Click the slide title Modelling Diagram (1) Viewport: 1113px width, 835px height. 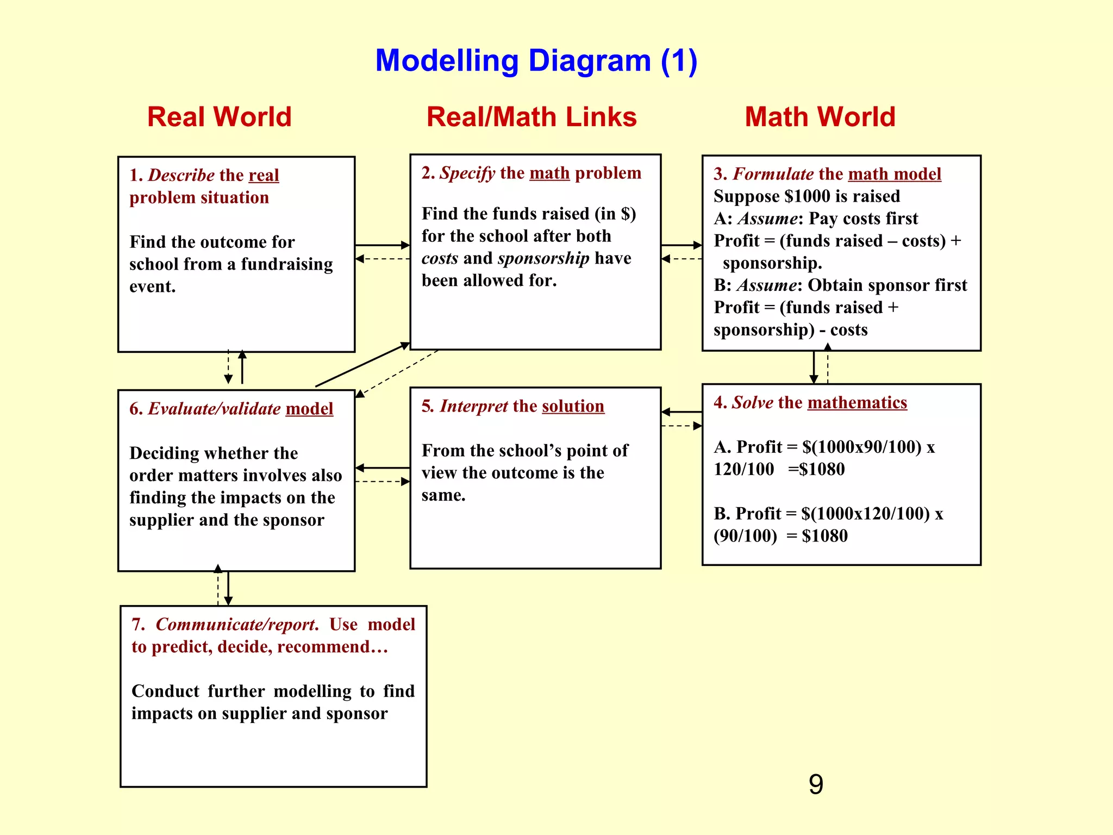(536, 60)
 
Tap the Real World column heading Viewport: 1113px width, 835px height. (219, 117)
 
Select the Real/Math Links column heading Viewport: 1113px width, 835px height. (531, 117)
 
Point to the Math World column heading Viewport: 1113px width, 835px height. (820, 117)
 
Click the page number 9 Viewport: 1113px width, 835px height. (816, 784)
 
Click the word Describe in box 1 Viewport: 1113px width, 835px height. (181, 175)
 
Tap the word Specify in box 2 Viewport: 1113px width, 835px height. (467, 173)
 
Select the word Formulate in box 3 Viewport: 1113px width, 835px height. (773, 174)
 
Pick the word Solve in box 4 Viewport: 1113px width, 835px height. (752, 402)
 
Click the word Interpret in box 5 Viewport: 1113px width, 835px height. (473, 406)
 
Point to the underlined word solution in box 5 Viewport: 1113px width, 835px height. (573, 406)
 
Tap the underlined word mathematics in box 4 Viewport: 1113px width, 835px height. (857, 402)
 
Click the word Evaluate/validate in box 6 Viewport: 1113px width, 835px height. (214, 409)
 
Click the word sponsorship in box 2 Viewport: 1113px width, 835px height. (543, 258)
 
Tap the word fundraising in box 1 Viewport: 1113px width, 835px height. (286, 264)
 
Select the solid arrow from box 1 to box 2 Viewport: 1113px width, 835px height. (382, 245)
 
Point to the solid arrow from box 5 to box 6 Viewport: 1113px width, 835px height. (383, 468)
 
